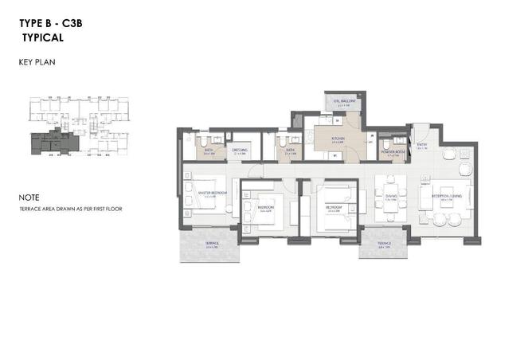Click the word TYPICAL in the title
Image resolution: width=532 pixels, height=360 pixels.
(x=44, y=37)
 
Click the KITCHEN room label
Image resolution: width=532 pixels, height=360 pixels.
(x=338, y=138)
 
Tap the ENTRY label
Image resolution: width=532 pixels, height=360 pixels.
(x=421, y=145)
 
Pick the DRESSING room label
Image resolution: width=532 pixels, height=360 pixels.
(x=240, y=150)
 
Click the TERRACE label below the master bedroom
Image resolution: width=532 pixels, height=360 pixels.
(x=212, y=242)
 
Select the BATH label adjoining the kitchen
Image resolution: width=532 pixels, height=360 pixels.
(x=291, y=150)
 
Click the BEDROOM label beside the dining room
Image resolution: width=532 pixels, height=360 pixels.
(x=333, y=207)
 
